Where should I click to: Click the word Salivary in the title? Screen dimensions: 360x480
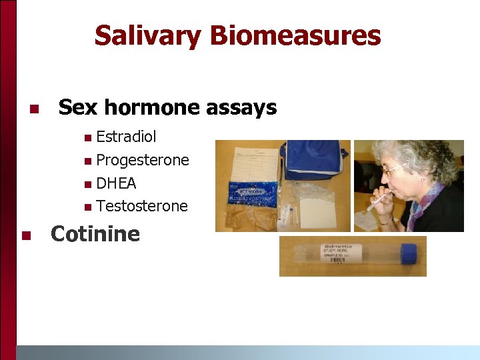[x=147, y=35]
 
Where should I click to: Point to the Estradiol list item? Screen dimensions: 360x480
[x=126, y=137]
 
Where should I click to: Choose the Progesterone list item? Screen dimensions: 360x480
[x=142, y=160]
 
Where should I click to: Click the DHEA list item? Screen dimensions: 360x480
[x=116, y=183]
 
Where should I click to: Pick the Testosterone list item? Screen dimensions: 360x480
[x=142, y=206]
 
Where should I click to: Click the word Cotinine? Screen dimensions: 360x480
[x=95, y=234]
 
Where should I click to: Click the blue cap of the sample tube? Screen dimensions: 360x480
[x=408, y=253]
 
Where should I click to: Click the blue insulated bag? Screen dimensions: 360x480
[x=313, y=160]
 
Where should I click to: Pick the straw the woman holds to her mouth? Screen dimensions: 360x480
[x=377, y=199]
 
